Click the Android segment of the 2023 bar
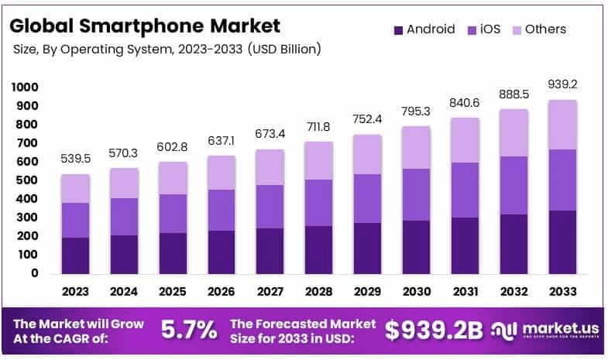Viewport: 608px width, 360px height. pyautogui.click(x=75, y=255)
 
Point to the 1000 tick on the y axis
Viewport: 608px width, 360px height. pyautogui.click(x=25, y=87)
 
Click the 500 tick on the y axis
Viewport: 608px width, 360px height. pyautogui.click(x=28, y=180)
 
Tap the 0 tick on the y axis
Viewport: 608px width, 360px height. pyautogui.click(x=35, y=273)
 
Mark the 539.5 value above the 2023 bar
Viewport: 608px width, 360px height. pyautogui.click(x=75, y=159)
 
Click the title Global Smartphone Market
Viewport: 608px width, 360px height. pyautogui.click(x=145, y=26)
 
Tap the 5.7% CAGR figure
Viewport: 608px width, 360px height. pyautogui.click(x=188, y=331)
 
